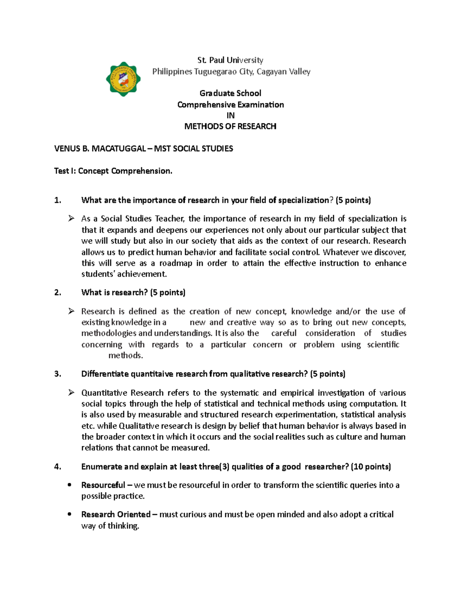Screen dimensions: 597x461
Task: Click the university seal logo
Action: point(123,79)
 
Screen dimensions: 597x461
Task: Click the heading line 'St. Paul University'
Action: point(230,60)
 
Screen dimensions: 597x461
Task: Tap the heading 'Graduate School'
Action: point(230,93)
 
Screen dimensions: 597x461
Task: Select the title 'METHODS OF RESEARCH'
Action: point(230,126)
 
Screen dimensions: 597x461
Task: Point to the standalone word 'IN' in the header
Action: point(230,115)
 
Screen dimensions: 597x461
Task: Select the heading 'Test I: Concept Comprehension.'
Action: point(113,171)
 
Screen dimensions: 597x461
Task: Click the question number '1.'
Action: point(58,200)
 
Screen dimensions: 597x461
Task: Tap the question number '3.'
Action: point(58,374)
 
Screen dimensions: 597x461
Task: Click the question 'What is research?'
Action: point(114,293)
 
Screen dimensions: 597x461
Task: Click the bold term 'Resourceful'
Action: point(103,485)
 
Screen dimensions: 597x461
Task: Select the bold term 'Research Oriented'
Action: point(116,514)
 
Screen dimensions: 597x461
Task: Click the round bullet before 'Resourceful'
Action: point(70,485)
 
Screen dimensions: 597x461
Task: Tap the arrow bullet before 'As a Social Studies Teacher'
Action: point(71,219)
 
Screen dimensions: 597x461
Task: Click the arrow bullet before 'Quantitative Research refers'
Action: point(71,392)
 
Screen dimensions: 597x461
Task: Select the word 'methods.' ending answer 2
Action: point(126,356)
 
